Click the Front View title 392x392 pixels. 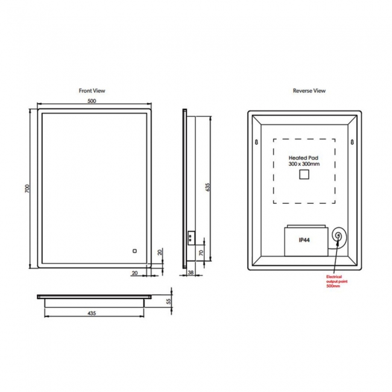pyautogui.click(x=92, y=90)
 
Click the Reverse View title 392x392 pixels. pyautogui.click(x=309, y=90)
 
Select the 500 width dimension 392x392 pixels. pyautogui.click(x=92, y=101)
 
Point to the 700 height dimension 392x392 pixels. pyautogui.click(x=27, y=188)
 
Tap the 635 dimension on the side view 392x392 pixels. pyautogui.click(x=207, y=187)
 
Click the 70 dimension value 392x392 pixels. pyautogui.click(x=201, y=253)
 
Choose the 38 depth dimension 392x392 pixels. pyautogui.click(x=191, y=273)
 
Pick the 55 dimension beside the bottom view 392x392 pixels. pyautogui.click(x=169, y=301)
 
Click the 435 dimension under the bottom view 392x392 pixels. pyautogui.click(x=92, y=313)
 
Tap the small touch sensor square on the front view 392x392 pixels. pyautogui.click(x=134, y=251)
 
